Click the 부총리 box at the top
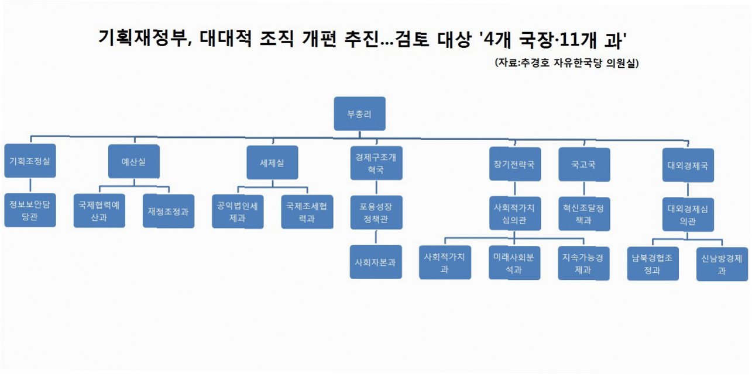coord(359,113)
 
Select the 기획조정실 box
coord(30,161)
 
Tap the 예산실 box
coord(133,161)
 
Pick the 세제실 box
coord(272,162)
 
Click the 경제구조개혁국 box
coord(376,163)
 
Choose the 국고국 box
coord(583,165)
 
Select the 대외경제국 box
coord(688,166)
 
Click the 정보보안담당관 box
coord(30,210)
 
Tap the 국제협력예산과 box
coord(99,210)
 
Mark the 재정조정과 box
coord(168,211)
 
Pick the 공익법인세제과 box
coord(238,211)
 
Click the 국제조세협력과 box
coord(307,211)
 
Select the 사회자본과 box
coord(376,262)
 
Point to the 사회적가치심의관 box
coord(514,213)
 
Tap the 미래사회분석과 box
coord(514,263)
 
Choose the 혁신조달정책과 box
coord(583,214)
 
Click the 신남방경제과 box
coord(722,264)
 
